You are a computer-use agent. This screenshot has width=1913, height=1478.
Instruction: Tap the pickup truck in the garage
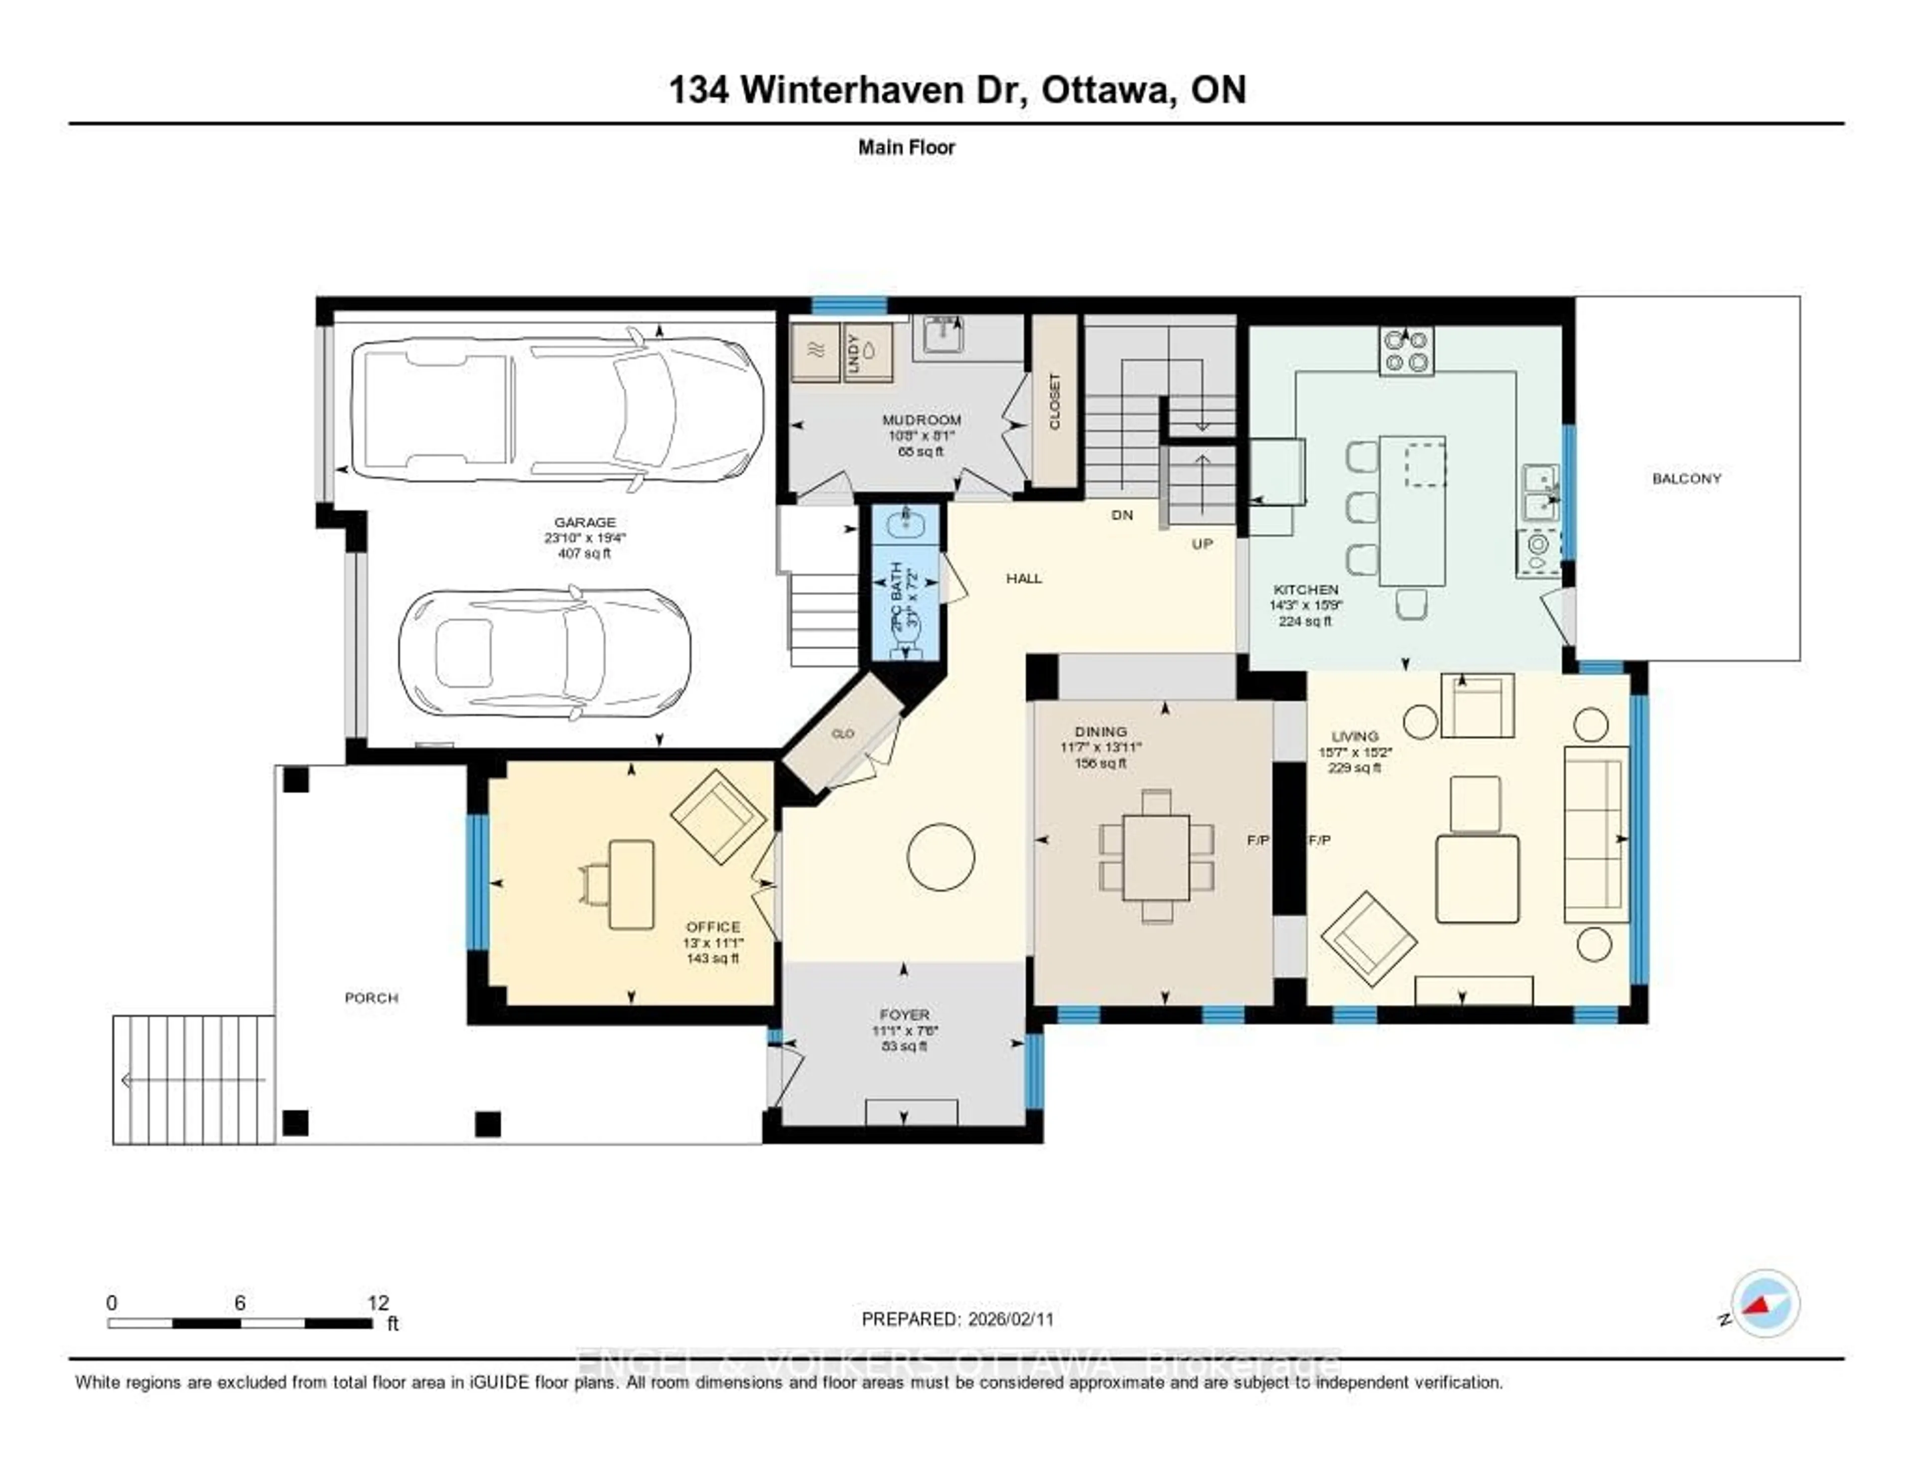coord(552,409)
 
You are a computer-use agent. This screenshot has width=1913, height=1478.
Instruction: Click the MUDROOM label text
coord(922,420)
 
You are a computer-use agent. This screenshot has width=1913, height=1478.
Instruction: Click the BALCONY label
coord(1686,478)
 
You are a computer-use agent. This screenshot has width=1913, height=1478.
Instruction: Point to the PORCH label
coord(371,998)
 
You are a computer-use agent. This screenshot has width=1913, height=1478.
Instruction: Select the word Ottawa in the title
coord(1107,90)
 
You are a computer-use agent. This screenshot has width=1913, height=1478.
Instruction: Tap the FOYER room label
coord(904,1015)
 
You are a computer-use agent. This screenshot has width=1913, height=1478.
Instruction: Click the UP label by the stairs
coord(1202,544)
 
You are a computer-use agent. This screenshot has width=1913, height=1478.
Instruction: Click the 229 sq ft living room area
coord(1354,767)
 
